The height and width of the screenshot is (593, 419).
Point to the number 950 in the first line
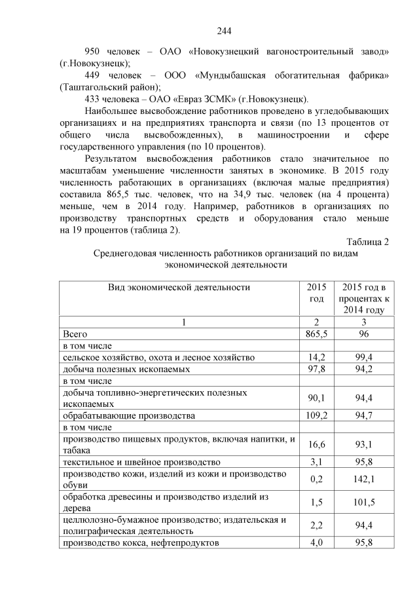point(96,51)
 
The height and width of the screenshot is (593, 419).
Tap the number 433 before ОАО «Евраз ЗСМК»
point(95,99)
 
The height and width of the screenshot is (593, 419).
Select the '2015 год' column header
point(316,293)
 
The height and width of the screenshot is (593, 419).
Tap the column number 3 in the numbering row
point(363,322)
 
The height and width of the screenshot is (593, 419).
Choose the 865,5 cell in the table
point(316,334)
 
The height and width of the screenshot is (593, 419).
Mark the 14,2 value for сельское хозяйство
point(316,357)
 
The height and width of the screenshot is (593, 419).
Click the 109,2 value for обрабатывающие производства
point(316,415)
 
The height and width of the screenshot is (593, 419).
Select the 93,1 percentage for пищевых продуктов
point(363,445)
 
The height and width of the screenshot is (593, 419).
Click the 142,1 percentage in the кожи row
point(363,479)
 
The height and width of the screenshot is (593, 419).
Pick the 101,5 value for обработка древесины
point(363,503)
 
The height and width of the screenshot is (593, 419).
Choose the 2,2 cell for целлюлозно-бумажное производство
point(316,526)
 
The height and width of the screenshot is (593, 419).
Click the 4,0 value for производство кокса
point(316,543)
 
